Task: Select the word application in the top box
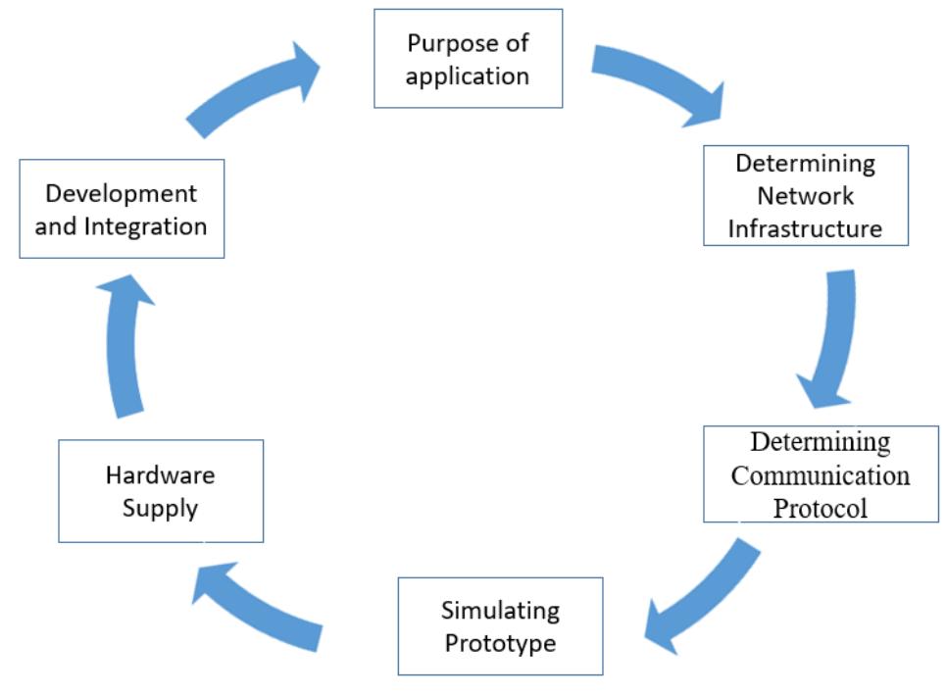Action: (x=468, y=75)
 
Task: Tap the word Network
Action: (x=805, y=195)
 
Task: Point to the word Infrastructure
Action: (x=805, y=228)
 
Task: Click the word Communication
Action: (x=821, y=475)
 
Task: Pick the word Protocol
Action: (x=821, y=508)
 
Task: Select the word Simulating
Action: (x=500, y=611)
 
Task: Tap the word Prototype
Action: (x=500, y=643)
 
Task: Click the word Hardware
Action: (x=160, y=475)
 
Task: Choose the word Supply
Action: (x=160, y=508)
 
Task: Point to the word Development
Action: (x=121, y=193)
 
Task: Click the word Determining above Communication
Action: (x=821, y=443)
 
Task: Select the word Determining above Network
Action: (x=805, y=163)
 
